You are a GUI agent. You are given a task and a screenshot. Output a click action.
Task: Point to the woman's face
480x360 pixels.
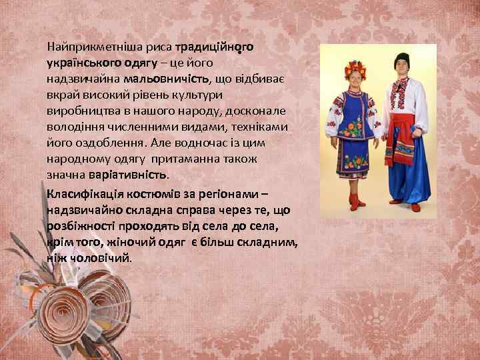(x=352, y=80)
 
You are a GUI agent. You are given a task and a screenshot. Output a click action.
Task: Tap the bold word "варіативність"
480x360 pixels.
(x=129, y=175)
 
